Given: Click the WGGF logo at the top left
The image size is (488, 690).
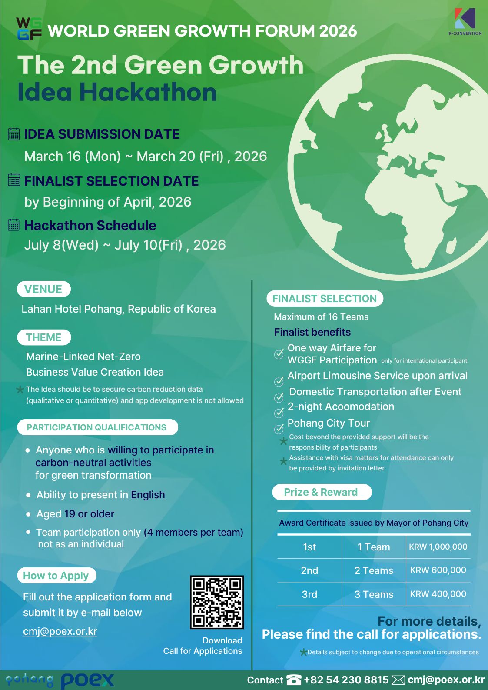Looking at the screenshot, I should pos(29,29).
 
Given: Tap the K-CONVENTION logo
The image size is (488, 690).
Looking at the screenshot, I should pos(465,21).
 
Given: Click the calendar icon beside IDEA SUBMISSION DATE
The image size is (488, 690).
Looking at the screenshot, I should pos(14,134).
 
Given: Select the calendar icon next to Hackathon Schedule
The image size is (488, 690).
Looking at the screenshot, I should pos(14,225).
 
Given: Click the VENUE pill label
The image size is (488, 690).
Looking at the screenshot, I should pos(43,289).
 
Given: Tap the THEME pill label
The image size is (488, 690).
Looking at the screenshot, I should pos(43,337).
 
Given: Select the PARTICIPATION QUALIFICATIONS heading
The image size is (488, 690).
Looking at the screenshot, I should pos(97,427).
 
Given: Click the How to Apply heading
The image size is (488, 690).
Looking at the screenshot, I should pos(56,576).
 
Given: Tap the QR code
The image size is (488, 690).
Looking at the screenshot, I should pos(217,602).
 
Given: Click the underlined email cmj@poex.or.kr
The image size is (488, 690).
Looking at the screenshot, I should pos(60,631).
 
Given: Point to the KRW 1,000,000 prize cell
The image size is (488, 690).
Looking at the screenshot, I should pos(438,547).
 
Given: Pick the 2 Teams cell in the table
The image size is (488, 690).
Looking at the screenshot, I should pos(374,570).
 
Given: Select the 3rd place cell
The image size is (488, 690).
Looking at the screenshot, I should pos(309,594).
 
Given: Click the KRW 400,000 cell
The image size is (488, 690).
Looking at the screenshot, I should pos(438,594).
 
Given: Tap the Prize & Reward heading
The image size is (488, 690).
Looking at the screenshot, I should pos(321,492).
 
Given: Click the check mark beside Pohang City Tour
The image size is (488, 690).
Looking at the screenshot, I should pos(279,429).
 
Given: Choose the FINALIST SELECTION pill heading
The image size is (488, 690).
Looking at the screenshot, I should pos(325,299).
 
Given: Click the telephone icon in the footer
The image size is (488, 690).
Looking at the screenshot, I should pos(293,680).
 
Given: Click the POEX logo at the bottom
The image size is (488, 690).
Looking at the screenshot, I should pos(87,680).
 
